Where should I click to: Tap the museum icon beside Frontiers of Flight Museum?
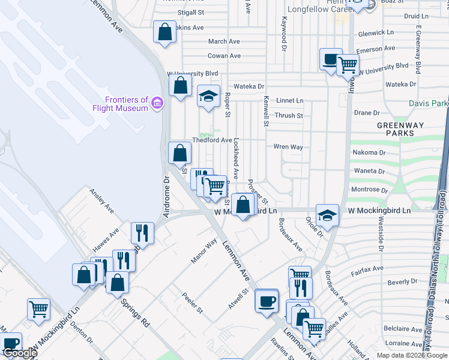pyautogui.click(x=158, y=104)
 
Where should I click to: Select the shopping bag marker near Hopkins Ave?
pyautogui.click(x=165, y=32)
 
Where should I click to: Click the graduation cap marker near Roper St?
pyautogui.click(x=208, y=97)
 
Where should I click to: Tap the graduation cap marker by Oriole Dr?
pyautogui.click(x=327, y=215)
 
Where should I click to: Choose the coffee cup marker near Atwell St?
pyautogui.click(x=267, y=301)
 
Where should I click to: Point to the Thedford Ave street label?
pyautogui.click(x=212, y=140)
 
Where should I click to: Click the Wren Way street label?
pyautogui.click(x=288, y=146)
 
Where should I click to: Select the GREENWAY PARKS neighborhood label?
pyautogui.click(x=396, y=129)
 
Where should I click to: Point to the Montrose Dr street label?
pyautogui.click(x=365, y=190)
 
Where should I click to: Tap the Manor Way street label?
pyautogui.click(x=203, y=251)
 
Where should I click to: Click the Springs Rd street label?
pyautogui.click(x=136, y=312)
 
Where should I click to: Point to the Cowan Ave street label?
pyautogui.click(x=224, y=56)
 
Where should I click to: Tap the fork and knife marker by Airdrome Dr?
pyautogui.click(x=143, y=232)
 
